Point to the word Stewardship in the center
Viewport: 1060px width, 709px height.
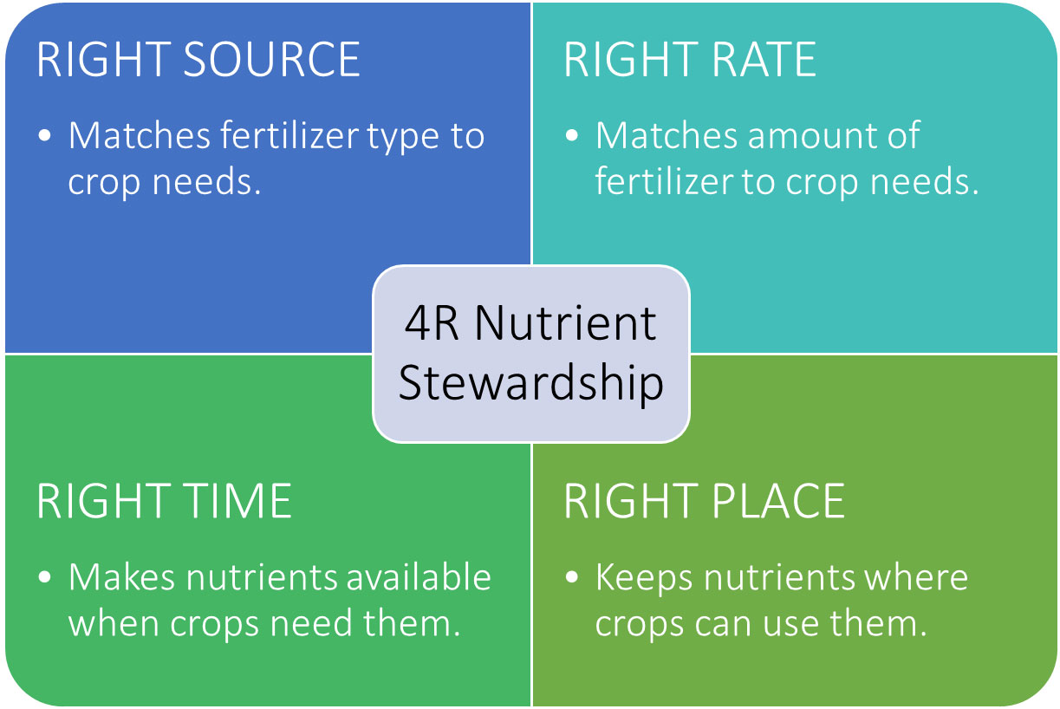(x=530, y=382)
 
